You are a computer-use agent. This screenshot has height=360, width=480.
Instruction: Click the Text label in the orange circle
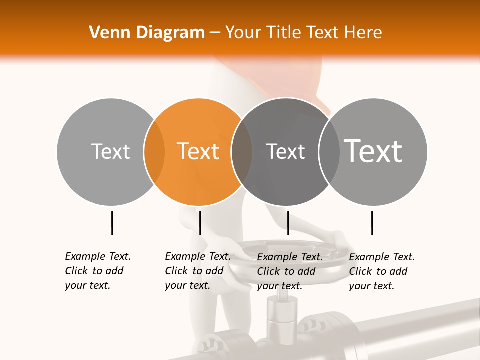click(x=198, y=151)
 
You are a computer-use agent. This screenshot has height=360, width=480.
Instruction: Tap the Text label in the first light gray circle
click(x=110, y=151)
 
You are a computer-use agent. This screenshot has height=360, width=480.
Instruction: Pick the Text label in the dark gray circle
click(x=285, y=151)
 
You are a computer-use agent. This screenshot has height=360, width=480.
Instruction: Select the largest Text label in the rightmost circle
click(x=373, y=151)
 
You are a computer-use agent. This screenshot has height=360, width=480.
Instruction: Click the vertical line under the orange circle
click(x=200, y=223)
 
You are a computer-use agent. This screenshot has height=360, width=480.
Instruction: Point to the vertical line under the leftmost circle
click(x=112, y=223)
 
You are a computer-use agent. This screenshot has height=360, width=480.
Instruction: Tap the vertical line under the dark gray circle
click(x=288, y=223)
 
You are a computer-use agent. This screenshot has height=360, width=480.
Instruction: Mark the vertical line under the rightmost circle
click(x=372, y=223)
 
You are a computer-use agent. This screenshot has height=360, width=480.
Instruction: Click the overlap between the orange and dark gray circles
click(x=242, y=152)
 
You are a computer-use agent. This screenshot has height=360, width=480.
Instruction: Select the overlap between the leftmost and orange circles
click(x=154, y=152)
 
